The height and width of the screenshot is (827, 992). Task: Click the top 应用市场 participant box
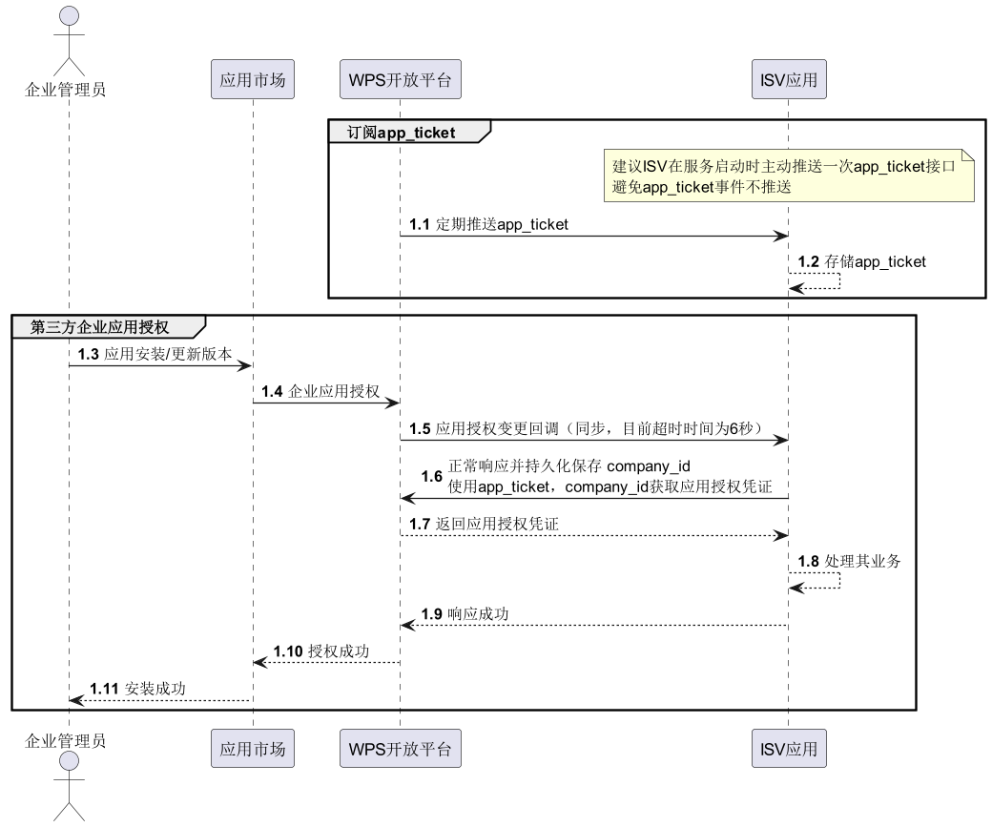coord(253,80)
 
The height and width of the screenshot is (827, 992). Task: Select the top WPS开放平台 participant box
coord(401,80)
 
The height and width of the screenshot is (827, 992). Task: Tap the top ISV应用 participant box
coord(788,80)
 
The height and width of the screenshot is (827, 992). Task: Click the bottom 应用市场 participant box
coord(253,749)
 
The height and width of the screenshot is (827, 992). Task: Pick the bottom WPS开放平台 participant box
coord(401,749)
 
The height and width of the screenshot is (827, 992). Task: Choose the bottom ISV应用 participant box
coord(788,749)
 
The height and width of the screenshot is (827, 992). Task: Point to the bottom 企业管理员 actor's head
coord(69,762)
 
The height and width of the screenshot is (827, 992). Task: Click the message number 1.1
coord(421,224)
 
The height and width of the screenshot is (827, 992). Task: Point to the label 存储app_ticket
coord(876,261)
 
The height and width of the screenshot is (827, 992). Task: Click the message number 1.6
coord(432,476)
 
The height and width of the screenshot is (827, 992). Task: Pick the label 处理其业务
coord(862,561)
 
